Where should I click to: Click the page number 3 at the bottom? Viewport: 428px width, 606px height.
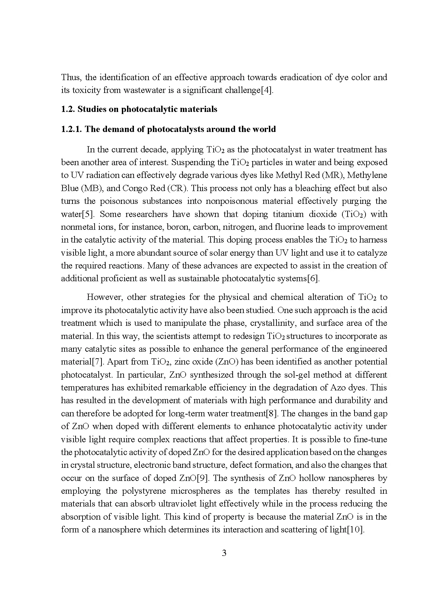pos(224,553)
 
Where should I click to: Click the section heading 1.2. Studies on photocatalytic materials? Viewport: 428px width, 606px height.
pos(139,109)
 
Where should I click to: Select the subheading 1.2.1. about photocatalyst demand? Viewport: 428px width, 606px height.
pos(168,129)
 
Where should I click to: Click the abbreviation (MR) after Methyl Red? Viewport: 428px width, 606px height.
pos(332,175)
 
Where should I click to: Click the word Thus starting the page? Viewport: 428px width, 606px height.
pos(71,77)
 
